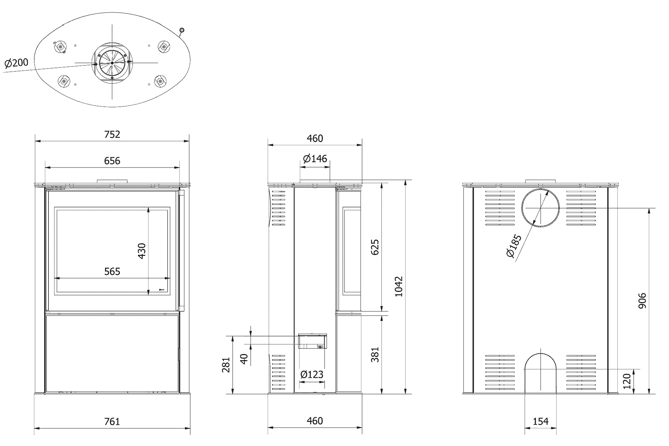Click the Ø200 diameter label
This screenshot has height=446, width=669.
coord(17,63)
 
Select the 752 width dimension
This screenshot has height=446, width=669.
coord(112,134)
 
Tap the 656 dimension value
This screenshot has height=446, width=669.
coord(112,161)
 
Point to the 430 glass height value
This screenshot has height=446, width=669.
coord(142,251)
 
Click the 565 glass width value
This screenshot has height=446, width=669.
coord(112,271)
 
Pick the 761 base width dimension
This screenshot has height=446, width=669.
coord(112,421)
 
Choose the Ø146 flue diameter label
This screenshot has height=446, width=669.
coord(315,158)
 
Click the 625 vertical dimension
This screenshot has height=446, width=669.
coord(376,247)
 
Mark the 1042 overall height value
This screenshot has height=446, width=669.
coord(399,286)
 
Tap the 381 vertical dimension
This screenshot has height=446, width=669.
coord(376,354)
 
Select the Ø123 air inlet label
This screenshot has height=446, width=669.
coord(312,374)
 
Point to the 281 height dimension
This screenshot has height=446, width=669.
coord(227,365)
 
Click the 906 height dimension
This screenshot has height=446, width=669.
coord(642,300)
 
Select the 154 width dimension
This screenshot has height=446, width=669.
coord(541,421)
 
